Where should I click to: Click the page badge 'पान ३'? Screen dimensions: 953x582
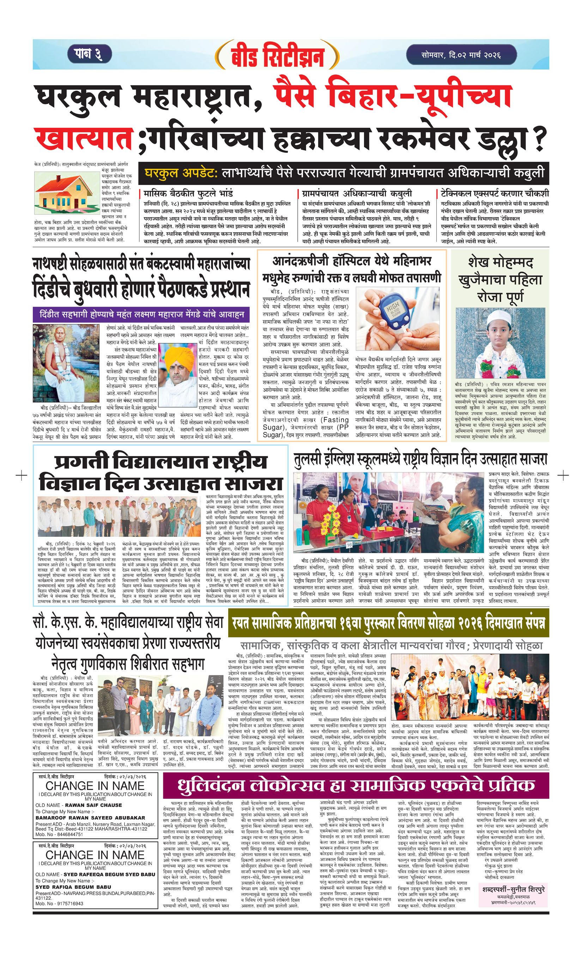pyautogui.click(x=90, y=54)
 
